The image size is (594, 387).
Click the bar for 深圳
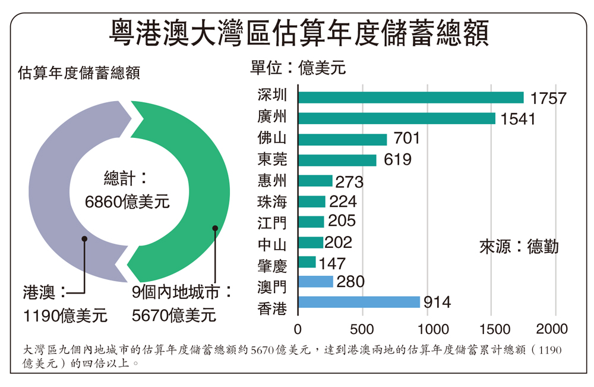pos(410,97)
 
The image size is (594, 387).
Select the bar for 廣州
pos(396,118)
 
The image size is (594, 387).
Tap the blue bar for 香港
pos(359,302)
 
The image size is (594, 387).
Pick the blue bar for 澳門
pos(315,281)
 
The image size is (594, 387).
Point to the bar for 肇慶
pos(307,262)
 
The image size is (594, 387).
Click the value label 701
pos(406,139)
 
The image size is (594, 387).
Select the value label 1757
pos(548,98)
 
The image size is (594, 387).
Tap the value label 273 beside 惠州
pos(349,182)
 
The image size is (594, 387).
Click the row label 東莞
pos(272,159)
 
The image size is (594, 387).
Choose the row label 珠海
pos(272,202)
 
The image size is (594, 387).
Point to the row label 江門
pos(272,224)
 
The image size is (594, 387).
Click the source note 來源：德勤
pos(519,247)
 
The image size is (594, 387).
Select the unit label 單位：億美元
pos(298,67)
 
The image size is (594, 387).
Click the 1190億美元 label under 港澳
pos(65,314)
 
